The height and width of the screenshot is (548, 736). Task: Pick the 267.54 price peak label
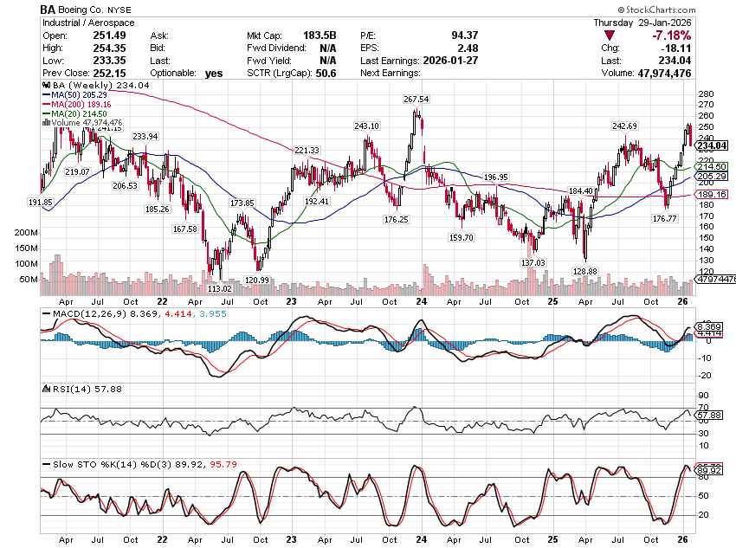point(416,100)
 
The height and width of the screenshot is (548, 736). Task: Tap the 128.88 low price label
point(585,271)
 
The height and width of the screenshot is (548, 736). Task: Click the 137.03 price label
point(533,262)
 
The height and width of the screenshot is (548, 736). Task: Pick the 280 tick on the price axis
point(705,93)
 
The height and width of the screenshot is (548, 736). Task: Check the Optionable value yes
point(214,74)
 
